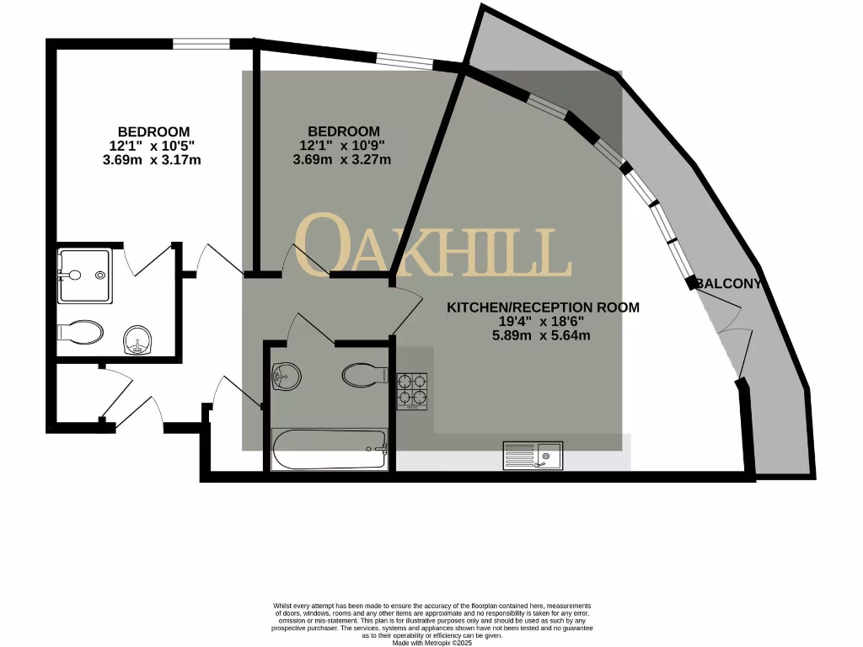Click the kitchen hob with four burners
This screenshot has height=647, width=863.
[412, 391]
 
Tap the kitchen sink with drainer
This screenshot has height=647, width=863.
[533, 456]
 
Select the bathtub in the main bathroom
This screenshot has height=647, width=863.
[330, 449]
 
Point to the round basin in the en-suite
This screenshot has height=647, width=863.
[136, 343]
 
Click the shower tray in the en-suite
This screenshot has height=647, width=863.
[83, 275]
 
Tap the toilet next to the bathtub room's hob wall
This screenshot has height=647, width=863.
[365, 374]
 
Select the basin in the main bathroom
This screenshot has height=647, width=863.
[287, 376]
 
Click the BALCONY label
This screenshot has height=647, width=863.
[729, 284]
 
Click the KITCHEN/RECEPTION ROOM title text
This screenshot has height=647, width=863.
[543, 307]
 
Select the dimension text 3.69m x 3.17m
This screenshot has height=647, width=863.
[153, 159]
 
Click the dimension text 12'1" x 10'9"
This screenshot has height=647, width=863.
[343, 145]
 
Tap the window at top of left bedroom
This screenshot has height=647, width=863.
[201, 43]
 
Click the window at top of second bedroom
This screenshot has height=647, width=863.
[405, 60]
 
